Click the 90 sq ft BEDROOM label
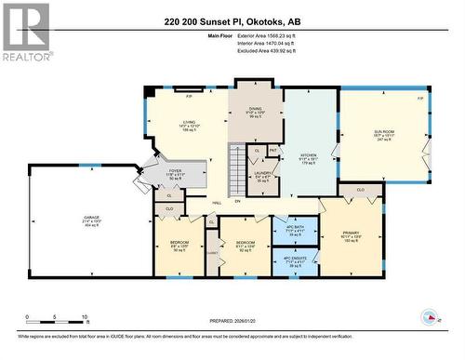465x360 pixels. pos(179,245)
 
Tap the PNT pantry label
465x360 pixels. pos(273,149)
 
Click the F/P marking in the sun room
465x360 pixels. pos(419,98)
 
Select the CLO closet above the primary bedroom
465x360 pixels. pos(359,189)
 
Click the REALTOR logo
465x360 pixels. pos(25,33)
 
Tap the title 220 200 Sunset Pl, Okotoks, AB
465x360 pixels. pos(232,20)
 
